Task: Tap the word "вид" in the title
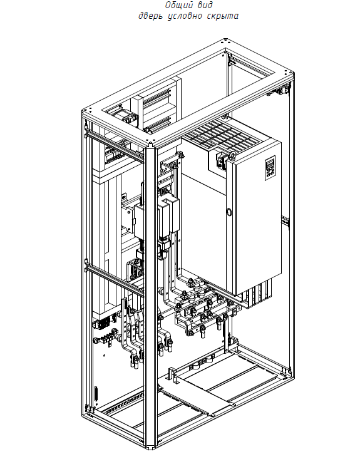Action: (x=205, y=5)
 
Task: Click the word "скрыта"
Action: (x=223, y=16)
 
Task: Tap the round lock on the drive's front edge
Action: (x=228, y=212)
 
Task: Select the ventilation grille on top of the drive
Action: (x=221, y=135)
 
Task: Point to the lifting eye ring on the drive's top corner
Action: (x=232, y=156)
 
